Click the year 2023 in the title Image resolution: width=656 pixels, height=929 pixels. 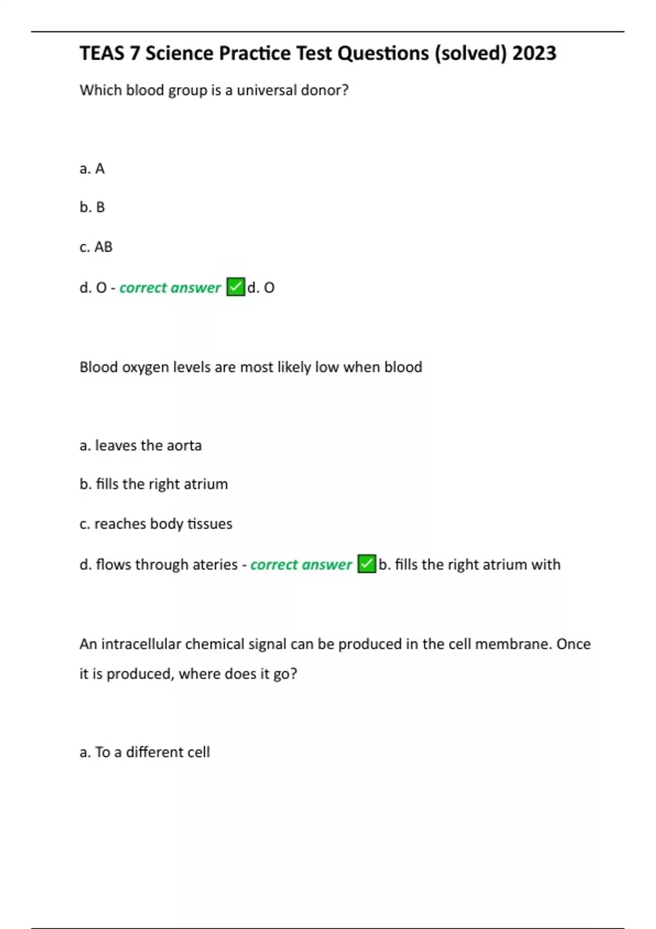(x=534, y=54)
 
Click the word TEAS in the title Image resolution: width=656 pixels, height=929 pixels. (x=102, y=54)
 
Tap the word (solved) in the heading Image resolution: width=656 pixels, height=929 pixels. (x=471, y=54)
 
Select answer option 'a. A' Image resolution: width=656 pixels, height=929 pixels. (x=92, y=169)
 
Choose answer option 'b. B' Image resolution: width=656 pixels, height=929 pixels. (x=92, y=208)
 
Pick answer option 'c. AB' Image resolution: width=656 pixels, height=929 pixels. (x=96, y=247)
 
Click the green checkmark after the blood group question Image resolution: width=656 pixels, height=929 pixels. (x=236, y=287)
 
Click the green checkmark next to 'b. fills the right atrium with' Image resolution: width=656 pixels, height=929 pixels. (x=367, y=564)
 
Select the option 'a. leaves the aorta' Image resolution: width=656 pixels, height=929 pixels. (x=140, y=446)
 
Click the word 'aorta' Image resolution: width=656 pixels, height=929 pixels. (x=184, y=446)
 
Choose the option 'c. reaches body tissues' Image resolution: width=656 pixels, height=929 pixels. (x=156, y=524)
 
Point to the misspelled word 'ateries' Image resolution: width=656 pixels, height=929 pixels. (x=214, y=565)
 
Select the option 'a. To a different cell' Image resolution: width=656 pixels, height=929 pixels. (x=144, y=752)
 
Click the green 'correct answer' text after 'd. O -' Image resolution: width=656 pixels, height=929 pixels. (x=170, y=288)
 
